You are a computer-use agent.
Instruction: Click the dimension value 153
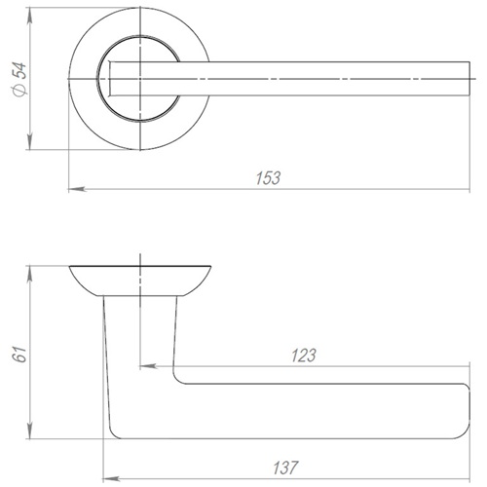[x=268, y=178]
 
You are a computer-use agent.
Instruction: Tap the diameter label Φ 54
[x=19, y=80]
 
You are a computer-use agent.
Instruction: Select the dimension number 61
[x=19, y=355]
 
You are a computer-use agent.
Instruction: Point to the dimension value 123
[x=304, y=356]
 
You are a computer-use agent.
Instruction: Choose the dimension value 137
[x=285, y=468]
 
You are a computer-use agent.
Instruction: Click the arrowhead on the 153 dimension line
[x=77, y=189]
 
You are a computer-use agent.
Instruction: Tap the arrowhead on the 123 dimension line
[x=148, y=366]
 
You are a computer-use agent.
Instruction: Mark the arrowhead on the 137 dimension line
[x=112, y=479]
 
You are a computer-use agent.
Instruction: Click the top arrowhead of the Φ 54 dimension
[x=29, y=16]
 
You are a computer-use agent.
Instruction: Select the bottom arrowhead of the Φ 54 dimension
[x=29, y=141]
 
